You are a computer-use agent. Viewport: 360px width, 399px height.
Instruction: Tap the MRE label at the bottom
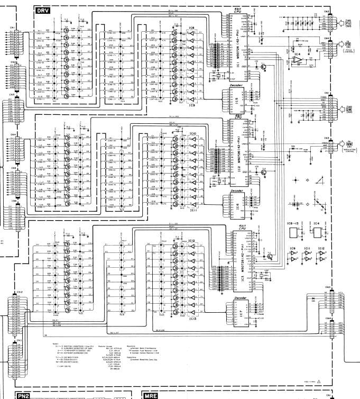(x=151, y=395)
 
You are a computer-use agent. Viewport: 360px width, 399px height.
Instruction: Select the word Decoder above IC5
(x=236, y=86)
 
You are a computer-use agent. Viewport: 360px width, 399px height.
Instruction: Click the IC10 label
(x=193, y=133)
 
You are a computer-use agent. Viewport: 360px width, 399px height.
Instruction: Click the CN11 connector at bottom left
(x=19, y=360)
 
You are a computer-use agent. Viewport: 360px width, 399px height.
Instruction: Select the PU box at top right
(x=348, y=23)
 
